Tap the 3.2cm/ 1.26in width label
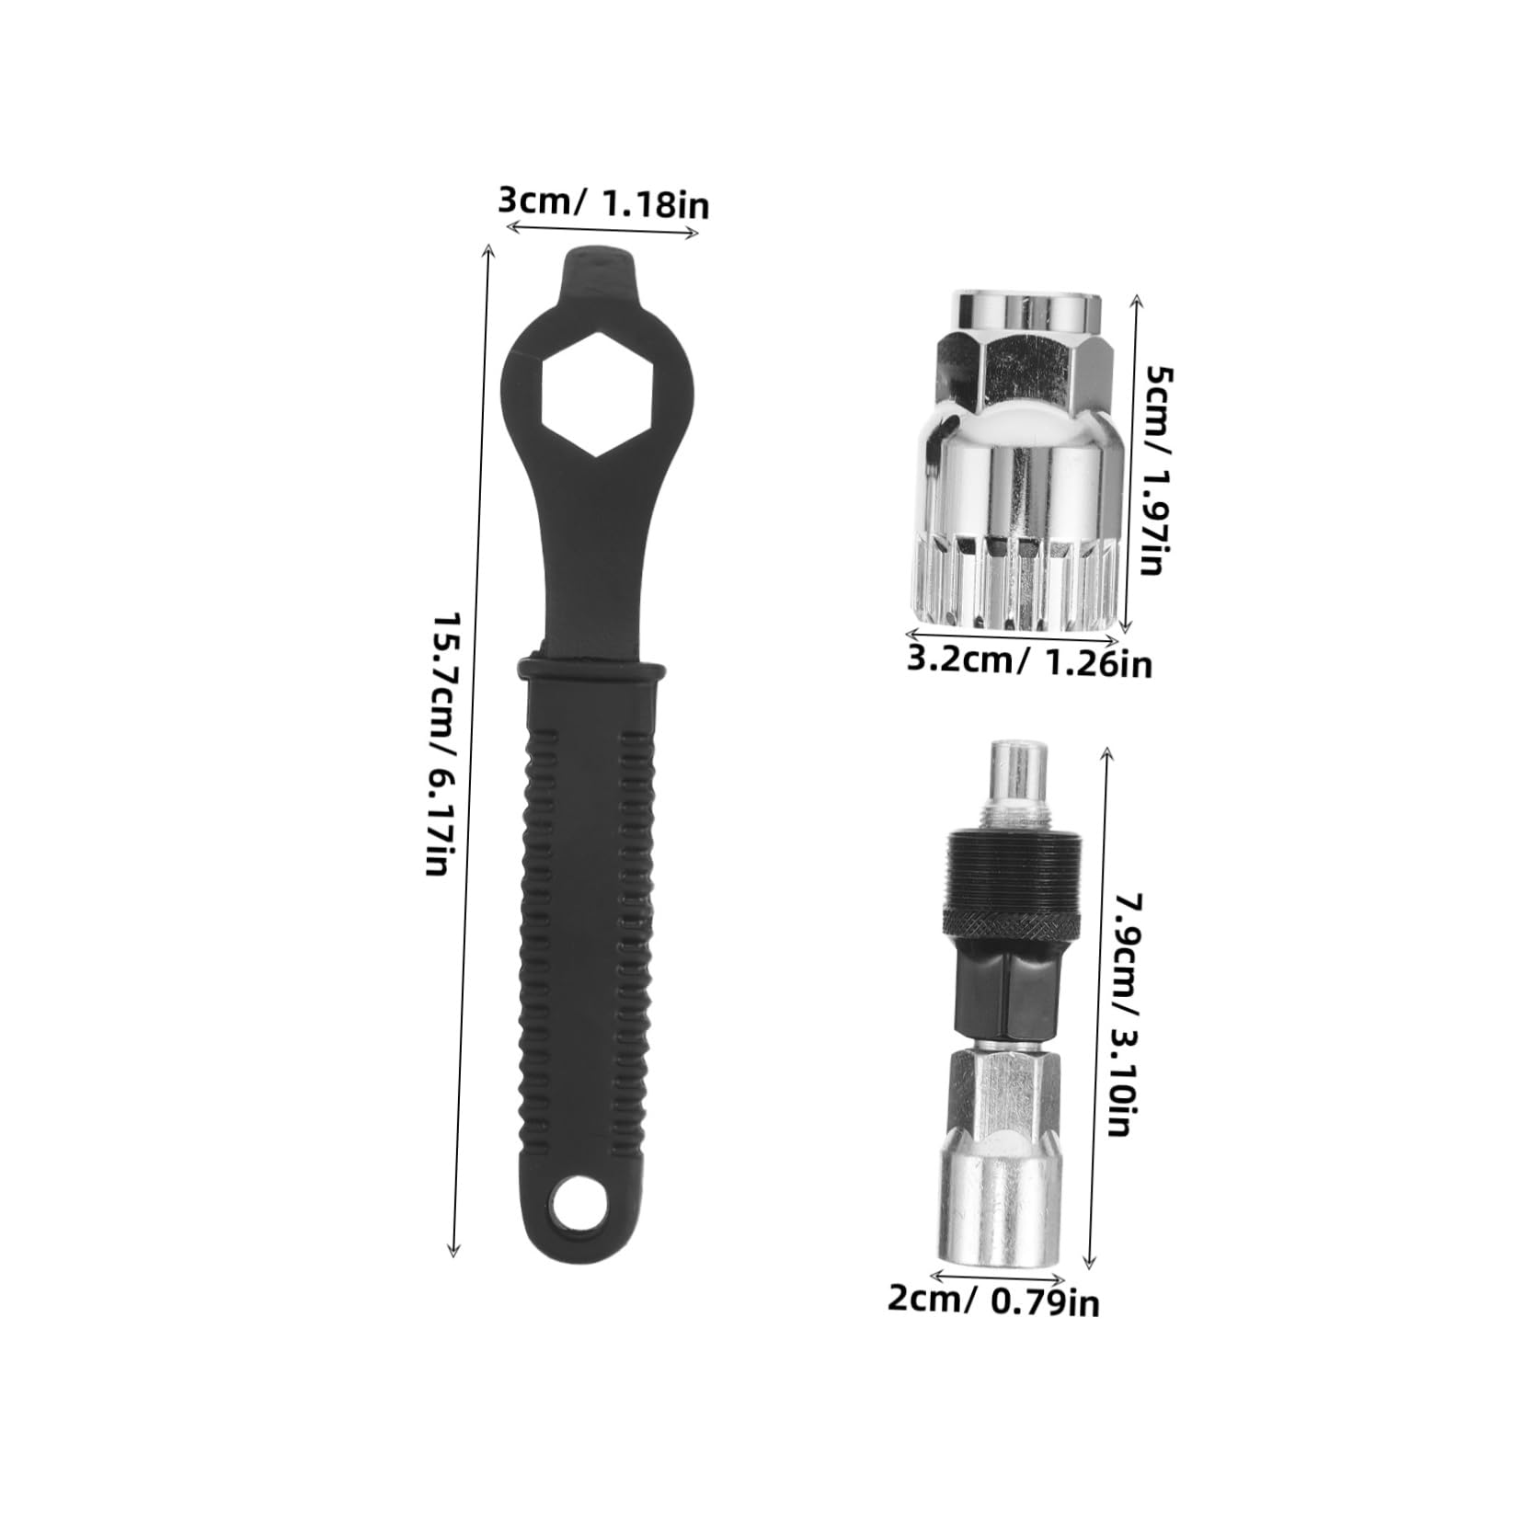[x=1028, y=661]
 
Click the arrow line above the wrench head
[x=603, y=232]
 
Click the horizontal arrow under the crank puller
[x=998, y=1276]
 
